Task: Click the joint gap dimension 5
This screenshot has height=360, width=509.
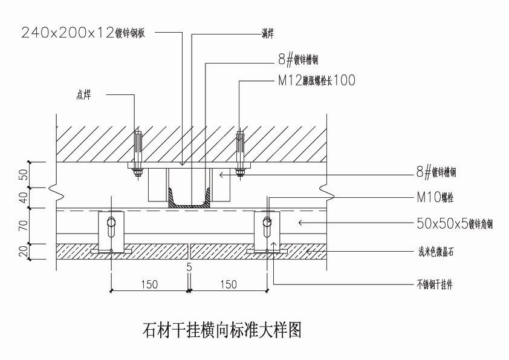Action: (x=189, y=267)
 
